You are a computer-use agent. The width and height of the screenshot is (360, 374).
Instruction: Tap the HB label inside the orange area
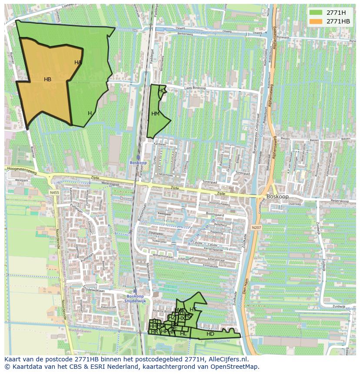point(47,79)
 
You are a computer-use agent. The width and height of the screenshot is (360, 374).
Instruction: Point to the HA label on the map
point(78,63)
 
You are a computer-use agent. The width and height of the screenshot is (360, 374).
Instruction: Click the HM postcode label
point(155,114)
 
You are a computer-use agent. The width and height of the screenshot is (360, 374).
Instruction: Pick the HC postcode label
point(161,91)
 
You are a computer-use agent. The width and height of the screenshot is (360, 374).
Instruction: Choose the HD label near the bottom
point(210,334)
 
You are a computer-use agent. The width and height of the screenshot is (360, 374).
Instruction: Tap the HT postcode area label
point(193,310)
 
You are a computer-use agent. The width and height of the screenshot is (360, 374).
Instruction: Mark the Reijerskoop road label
point(340,202)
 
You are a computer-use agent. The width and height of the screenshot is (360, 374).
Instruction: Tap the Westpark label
point(21,180)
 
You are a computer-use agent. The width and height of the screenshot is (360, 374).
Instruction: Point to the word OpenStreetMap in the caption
point(235,367)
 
